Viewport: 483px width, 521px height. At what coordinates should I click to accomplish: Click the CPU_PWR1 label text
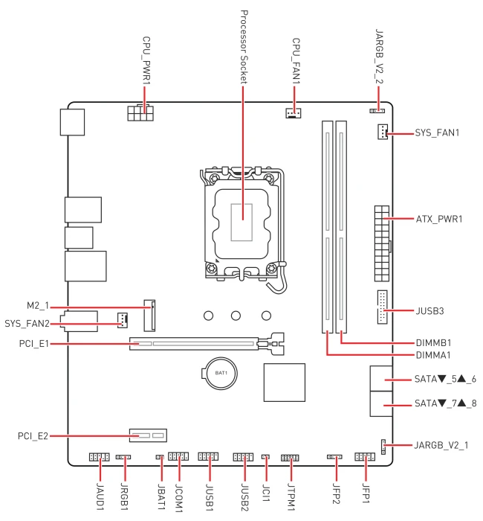(x=146, y=60)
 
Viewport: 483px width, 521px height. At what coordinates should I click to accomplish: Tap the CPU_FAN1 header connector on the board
(x=293, y=113)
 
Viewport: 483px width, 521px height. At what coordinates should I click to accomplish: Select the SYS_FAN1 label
(x=437, y=133)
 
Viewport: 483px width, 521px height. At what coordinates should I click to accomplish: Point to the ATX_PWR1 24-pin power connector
(x=382, y=243)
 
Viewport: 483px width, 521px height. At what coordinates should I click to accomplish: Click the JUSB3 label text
(x=430, y=311)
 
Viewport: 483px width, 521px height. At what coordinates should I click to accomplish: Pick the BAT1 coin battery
(x=221, y=373)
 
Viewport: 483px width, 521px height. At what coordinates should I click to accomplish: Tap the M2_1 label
(x=38, y=306)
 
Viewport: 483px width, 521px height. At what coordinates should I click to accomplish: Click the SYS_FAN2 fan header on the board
(x=123, y=320)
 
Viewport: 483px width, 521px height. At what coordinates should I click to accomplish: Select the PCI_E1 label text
(x=34, y=344)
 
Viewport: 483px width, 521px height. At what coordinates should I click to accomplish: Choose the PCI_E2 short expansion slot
(x=148, y=435)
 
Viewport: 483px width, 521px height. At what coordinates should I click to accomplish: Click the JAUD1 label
(x=100, y=496)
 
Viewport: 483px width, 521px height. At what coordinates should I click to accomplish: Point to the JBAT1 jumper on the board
(x=160, y=457)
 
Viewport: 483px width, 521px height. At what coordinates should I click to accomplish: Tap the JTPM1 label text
(x=291, y=496)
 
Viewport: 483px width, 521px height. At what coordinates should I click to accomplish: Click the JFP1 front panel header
(x=365, y=456)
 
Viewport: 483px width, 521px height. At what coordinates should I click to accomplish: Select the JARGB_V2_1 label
(x=441, y=445)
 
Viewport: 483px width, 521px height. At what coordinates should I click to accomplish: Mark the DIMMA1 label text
(x=433, y=355)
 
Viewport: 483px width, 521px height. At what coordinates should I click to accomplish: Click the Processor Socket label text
(x=244, y=47)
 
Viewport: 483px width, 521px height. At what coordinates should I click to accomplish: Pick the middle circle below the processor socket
(x=236, y=316)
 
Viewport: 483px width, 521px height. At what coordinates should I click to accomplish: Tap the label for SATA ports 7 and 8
(x=446, y=403)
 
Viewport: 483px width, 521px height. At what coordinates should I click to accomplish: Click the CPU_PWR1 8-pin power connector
(x=140, y=113)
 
